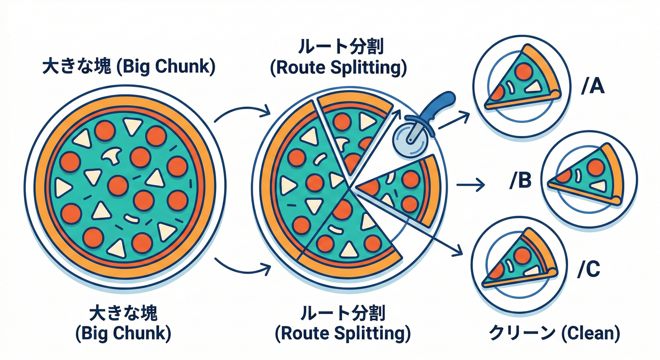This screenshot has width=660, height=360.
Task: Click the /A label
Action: tap(592, 87)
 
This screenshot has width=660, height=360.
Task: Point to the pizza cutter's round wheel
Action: tap(407, 141)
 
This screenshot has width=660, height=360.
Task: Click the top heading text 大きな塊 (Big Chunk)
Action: tap(128, 67)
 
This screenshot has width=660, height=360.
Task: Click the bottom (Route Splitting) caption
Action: tap(342, 334)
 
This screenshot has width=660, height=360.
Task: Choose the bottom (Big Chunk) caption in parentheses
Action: tap(123, 334)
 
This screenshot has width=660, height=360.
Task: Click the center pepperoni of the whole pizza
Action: tap(118, 186)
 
